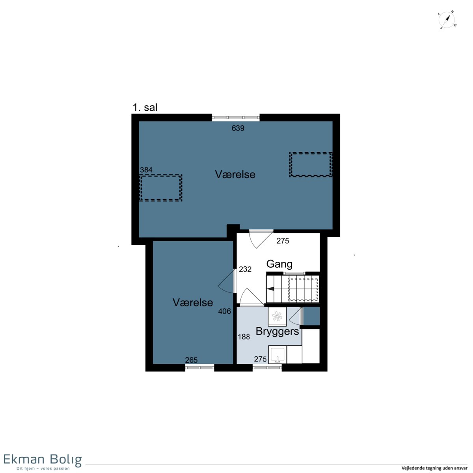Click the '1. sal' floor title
(145, 108)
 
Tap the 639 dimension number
(238, 128)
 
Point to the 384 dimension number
(146, 170)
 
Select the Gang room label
(279, 264)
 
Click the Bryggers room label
(277, 331)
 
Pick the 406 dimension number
(224, 311)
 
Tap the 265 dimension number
(191, 360)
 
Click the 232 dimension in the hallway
(245, 269)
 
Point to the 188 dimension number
(244, 337)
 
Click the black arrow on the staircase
(270, 289)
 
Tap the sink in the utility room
(277, 354)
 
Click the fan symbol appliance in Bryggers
(277, 317)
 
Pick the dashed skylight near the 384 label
(161, 188)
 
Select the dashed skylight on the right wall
(311, 164)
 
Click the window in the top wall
(236, 117)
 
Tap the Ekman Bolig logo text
(43, 459)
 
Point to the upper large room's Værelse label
(235, 174)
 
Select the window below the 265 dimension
(199, 367)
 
